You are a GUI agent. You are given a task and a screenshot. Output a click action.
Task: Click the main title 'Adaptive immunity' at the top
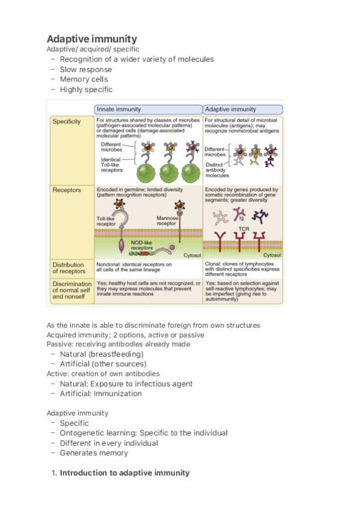[91, 39]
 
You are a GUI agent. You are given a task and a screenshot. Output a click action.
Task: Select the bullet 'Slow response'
[85, 69]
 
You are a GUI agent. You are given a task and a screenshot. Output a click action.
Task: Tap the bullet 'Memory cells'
[85, 79]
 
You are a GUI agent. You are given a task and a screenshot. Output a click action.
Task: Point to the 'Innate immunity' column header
[119, 109]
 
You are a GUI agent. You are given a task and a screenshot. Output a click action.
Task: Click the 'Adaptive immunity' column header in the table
[231, 109]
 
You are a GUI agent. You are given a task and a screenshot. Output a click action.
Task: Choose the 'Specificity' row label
[67, 121]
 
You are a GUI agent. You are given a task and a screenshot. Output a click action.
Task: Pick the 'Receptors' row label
[66, 190]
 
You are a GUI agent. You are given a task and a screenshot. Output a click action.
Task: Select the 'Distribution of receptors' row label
[68, 268]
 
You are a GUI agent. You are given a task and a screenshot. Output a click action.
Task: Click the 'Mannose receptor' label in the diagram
[166, 221]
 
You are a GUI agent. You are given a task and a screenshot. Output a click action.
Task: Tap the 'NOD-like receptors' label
[142, 245]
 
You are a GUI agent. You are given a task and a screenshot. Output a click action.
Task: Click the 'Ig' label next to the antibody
[243, 220]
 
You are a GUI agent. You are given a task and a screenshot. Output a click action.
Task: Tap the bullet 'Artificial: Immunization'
[100, 393]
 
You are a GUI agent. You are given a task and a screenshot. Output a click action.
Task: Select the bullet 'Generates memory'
[94, 453]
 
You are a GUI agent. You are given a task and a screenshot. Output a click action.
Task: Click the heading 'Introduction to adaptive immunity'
[124, 473]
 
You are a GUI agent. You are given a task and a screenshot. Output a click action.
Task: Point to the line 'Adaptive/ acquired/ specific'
[93, 49]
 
